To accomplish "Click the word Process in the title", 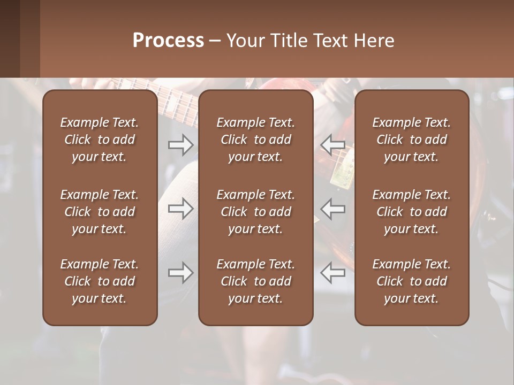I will pyautogui.click(x=168, y=41).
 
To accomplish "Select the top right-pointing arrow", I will pyautogui.click(x=181, y=144).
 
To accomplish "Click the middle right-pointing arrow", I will pyautogui.click(x=181, y=209).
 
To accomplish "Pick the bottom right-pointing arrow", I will pyautogui.click(x=181, y=273).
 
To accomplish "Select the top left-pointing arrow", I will pyautogui.click(x=333, y=144).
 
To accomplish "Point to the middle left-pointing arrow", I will pyautogui.click(x=333, y=209).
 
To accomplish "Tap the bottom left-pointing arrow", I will pyautogui.click(x=333, y=273).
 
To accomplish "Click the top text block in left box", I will pyautogui.click(x=100, y=140).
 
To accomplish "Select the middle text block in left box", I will pyautogui.click(x=100, y=212).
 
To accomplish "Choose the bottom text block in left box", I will pyautogui.click(x=100, y=281).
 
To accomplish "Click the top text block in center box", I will pyautogui.click(x=256, y=140).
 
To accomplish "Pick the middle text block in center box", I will pyautogui.click(x=256, y=212).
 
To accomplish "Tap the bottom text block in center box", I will pyautogui.click(x=256, y=281).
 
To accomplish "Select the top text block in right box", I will pyautogui.click(x=412, y=140).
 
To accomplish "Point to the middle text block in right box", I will pyautogui.click(x=412, y=212).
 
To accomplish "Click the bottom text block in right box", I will pyautogui.click(x=412, y=281).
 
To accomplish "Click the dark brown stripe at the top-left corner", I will pyautogui.click(x=10, y=38).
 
